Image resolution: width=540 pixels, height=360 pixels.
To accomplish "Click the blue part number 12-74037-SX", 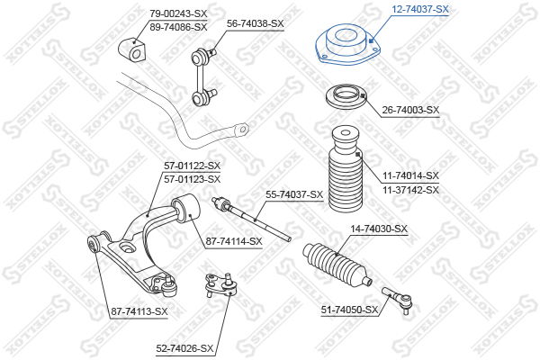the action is click(420, 9).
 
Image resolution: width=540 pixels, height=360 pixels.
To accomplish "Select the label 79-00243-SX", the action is click(178, 13).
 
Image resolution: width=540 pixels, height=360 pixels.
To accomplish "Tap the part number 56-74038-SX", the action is click(256, 23).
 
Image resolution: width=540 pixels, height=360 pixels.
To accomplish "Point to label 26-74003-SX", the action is click(411, 110).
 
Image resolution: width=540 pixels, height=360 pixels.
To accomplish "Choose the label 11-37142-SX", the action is click(411, 190).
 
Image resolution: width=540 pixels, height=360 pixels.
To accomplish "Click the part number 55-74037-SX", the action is click(294, 194).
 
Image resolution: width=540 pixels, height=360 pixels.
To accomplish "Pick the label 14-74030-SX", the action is click(379, 229).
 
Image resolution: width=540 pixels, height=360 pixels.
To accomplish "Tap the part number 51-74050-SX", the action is click(349, 310).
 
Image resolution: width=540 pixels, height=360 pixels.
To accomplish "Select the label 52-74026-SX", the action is click(184, 348).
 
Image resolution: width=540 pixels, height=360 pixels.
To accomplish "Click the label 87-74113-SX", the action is click(139, 311).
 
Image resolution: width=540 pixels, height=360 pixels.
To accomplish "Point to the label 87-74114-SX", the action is click(234, 241).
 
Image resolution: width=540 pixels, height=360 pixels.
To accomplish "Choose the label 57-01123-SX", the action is click(192, 179).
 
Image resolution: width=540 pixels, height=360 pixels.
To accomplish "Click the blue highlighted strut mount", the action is click(348, 45).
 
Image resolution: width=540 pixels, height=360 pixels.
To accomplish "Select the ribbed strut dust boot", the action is click(346, 169).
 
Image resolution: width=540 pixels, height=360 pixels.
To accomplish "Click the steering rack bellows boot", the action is click(337, 264).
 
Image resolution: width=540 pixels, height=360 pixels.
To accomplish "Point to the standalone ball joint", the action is click(220, 284).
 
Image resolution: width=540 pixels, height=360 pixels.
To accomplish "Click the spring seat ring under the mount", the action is click(346, 97).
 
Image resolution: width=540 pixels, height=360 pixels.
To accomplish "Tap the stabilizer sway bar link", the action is click(203, 76).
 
